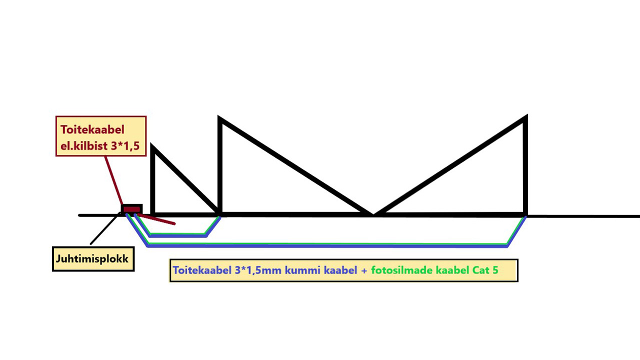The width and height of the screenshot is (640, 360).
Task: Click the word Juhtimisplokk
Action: [92, 259]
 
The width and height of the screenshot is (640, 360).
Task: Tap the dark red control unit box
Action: [132, 209]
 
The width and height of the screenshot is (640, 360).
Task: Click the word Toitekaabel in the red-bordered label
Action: [92, 129]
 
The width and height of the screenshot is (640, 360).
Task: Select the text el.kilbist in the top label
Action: [83, 145]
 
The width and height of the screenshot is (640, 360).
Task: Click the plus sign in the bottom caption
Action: [364, 270]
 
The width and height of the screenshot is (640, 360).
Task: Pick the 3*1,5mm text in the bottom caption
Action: [258, 270]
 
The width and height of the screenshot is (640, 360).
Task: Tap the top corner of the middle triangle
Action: [220, 119]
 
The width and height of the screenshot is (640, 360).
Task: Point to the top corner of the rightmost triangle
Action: [525, 118]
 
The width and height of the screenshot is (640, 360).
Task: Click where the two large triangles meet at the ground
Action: [373, 214]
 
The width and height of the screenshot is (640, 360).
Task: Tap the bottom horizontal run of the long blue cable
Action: [325, 245]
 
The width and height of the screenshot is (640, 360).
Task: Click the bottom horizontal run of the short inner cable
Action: [177, 235]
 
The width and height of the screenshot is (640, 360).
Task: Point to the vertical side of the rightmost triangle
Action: [525, 165]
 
